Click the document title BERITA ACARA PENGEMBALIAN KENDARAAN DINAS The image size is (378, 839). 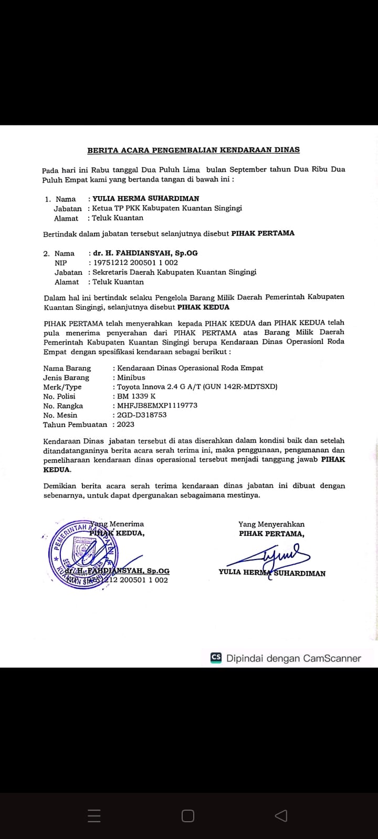coord(193,150)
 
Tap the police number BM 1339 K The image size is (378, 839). coord(136,396)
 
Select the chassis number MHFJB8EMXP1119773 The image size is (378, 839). coord(157,405)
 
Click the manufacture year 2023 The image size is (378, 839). coord(125,424)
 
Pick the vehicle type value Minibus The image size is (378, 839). coord(131,378)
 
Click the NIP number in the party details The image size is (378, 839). coord(135,263)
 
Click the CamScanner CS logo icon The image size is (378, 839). coord(216,658)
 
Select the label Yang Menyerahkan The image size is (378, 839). coord(271,524)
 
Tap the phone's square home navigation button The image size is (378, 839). coord(188,816)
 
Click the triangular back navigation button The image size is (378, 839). coord(281,816)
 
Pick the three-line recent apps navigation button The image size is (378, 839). coord(94,816)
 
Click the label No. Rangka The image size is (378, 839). coord(63,406)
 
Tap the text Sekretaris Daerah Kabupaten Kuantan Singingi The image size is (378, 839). coord(174,272)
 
